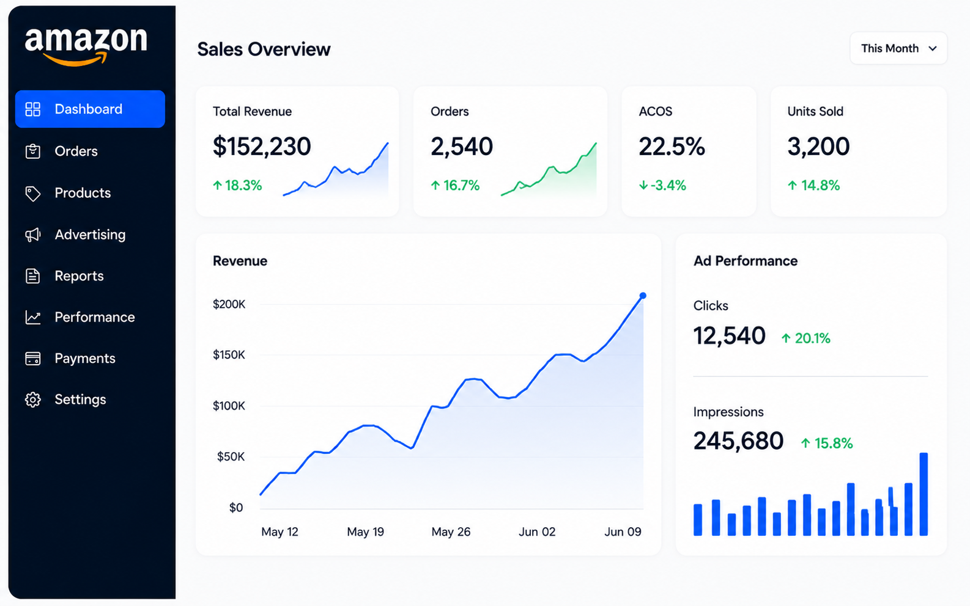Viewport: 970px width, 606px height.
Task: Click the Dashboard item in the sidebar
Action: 90,109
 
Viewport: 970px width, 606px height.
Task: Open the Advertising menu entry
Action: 90,235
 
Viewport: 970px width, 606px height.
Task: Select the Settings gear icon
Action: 33,400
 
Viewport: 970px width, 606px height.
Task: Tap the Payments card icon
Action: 33,359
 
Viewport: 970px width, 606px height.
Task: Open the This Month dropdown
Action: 898,48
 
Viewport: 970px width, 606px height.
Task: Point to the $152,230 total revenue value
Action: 262,146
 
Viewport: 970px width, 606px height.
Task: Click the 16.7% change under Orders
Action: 455,186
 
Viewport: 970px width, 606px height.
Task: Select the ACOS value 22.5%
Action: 672,146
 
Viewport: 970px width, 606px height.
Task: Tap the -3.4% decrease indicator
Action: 662,186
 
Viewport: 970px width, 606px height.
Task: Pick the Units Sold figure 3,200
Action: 818,146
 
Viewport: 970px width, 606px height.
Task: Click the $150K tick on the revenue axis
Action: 229,355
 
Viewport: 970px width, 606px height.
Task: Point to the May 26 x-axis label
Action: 451,531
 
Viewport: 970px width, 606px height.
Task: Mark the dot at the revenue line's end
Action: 643,296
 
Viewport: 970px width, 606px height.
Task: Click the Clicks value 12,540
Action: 729,335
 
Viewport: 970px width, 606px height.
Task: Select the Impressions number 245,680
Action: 738,441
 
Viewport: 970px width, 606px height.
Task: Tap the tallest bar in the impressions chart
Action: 924,494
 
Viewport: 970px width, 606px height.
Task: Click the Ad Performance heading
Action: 746,261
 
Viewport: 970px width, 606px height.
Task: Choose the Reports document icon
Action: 33,276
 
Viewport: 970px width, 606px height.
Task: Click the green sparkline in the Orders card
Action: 549,170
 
